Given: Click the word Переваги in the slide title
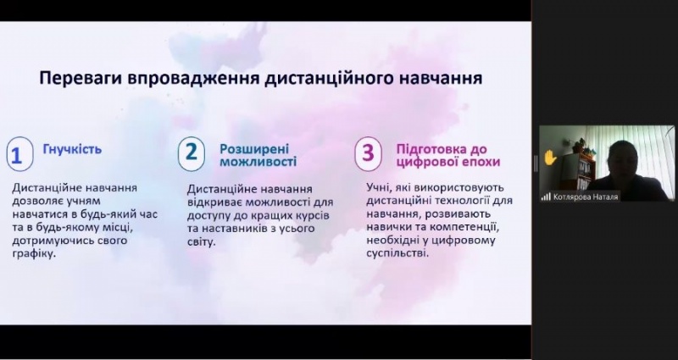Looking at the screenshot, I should click(x=81, y=79).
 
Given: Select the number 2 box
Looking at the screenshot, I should click(x=192, y=152).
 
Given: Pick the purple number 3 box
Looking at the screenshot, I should click(x=367, y=152).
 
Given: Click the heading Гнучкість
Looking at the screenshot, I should click(x=72, y=151).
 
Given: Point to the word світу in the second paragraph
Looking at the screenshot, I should click(x=200, y=241).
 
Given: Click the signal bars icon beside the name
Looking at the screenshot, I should click(x=547, y=196).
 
